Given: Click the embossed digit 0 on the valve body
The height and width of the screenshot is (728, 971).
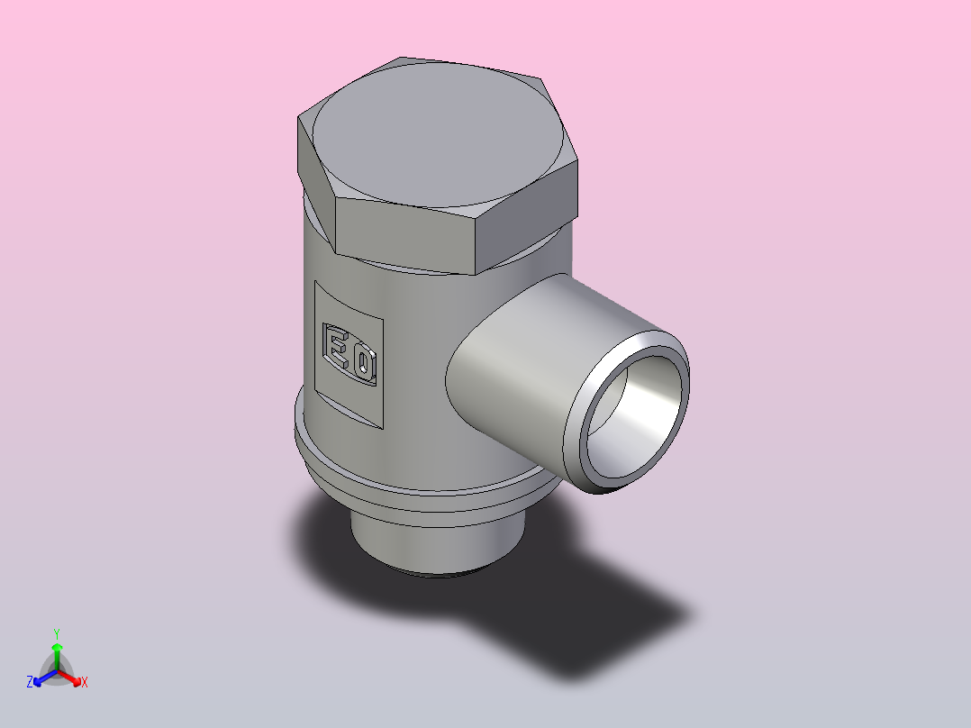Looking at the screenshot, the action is [x=365, y=365].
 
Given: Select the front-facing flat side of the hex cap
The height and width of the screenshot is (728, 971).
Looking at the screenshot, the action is [x=406, y=235].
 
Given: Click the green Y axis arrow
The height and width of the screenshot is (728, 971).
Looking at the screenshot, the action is [x=57, y=657].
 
